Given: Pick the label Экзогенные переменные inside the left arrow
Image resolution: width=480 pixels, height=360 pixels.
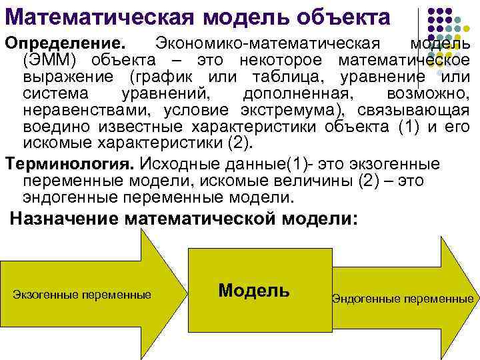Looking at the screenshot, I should pyautogui.click(x=81, y=294).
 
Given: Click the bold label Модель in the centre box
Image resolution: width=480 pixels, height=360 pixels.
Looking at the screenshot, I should pyautogui.click(x=253, y=290).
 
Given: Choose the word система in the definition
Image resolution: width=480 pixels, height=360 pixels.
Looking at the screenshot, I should pyautogui.click(x=50, y=93).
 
